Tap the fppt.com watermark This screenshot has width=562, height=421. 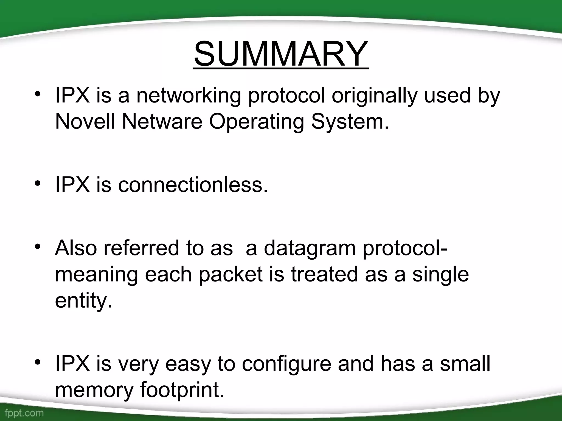[x=24, y=413]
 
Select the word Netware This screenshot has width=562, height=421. [x=162, y=121]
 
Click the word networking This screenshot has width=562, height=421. [x=189, y=96]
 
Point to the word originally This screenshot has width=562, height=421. [x=374, y=96]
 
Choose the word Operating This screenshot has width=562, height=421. [x=257, y=122]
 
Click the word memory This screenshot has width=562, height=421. [x=94, y=390]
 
